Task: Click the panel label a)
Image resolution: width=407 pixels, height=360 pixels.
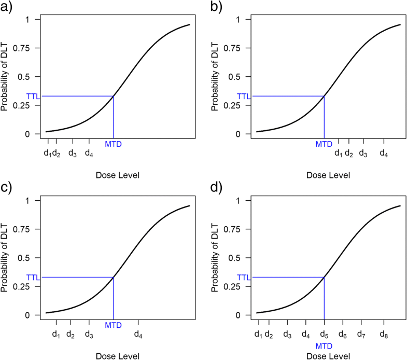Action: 8,7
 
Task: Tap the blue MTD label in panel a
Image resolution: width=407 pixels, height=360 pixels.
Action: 113,144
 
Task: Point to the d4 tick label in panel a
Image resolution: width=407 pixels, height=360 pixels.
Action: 89,154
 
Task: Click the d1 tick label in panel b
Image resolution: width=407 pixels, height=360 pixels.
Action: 339,154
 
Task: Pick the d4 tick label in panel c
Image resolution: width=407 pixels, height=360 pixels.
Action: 138,335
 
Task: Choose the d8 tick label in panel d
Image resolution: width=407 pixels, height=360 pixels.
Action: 384,335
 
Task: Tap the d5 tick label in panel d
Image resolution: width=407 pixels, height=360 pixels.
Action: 324,335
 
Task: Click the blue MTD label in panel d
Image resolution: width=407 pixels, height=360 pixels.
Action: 324,345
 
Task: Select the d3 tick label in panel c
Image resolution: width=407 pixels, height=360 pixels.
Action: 89,335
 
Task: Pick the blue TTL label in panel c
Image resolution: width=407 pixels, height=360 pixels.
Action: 33,277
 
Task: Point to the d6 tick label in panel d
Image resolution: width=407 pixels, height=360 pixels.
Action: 342,335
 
